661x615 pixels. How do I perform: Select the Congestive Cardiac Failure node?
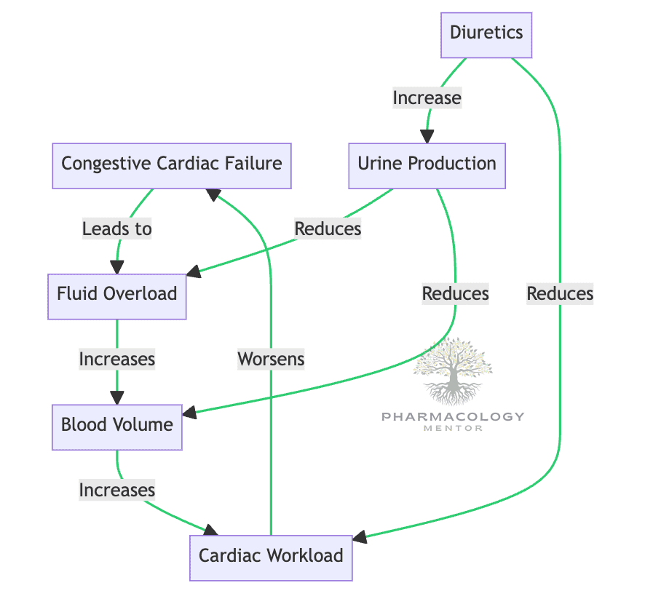click(172, 163)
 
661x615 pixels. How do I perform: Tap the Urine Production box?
click(427, 163)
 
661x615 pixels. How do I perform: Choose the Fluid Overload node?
click(117, 294)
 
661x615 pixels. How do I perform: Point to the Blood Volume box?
click(117, 425)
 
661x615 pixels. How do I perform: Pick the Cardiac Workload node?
click(271, 556)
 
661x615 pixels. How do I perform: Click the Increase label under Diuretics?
click(427, 98)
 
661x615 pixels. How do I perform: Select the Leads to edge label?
click(117, 229)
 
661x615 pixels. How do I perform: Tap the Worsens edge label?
click(271, 359)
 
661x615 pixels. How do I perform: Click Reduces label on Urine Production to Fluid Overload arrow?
click(328, 229)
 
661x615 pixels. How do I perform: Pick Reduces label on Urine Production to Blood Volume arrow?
click(456, 294)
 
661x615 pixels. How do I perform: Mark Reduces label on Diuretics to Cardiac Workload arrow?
click(561, 294)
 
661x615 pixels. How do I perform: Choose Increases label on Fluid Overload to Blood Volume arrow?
click(117, 359)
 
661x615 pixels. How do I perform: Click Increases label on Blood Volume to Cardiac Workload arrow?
click(117, 490)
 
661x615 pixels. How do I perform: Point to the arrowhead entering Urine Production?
click(427, 137)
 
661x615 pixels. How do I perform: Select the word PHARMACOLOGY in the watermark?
click(453, 416)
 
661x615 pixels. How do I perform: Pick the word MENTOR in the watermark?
click(453, 428)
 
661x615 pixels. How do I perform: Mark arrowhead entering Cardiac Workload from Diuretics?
click(360, 539)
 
